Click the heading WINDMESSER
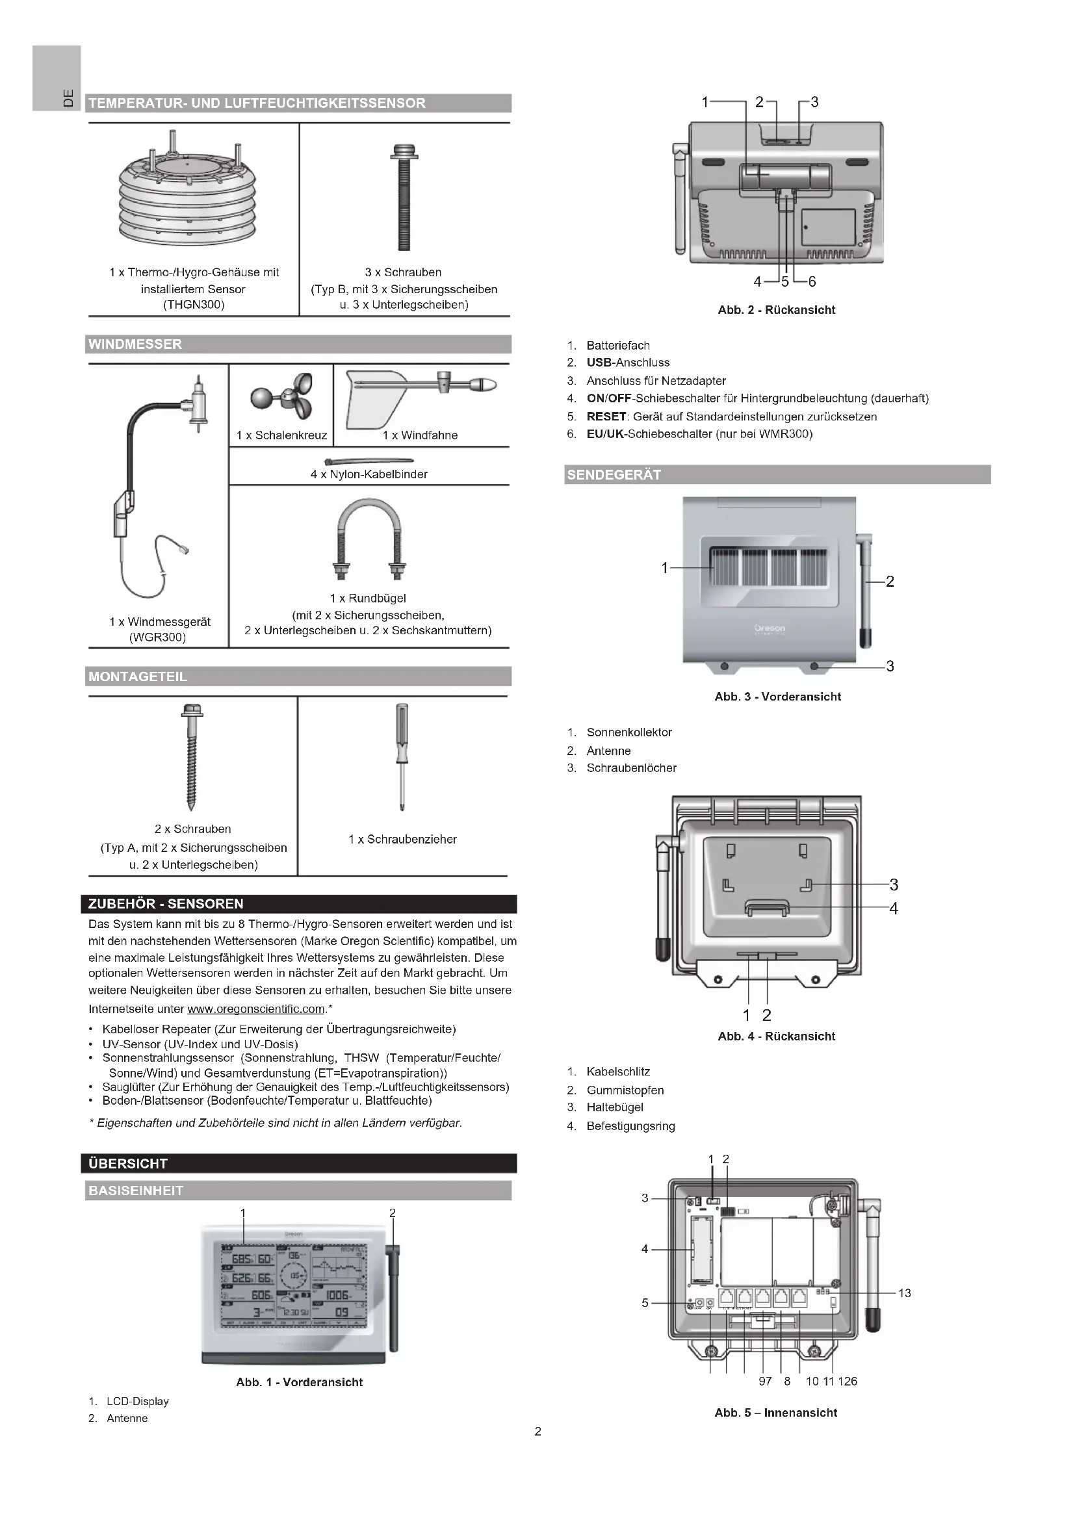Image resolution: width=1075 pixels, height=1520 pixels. coord(135,344)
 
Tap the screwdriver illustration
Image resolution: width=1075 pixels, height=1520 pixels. coord(402,757)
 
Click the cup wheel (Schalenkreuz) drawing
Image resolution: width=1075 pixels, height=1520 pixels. coord(283,396)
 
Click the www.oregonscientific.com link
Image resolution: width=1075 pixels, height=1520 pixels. coord(256,1009)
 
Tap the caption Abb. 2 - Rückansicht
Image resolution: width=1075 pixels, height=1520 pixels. coord(776,310)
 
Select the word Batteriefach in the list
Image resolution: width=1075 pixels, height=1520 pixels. coord(617,346)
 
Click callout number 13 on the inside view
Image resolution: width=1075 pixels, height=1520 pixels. coord(904,1293)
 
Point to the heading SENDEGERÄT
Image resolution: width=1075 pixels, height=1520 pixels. coord(614,474)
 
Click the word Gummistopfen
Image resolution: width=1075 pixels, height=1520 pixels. coord(625,1090)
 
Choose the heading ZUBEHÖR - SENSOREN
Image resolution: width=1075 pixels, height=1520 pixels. coord(166,904)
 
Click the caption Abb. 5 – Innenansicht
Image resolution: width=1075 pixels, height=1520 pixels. coord(776,1412)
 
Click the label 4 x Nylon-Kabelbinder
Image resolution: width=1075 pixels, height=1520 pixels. coord(369,474)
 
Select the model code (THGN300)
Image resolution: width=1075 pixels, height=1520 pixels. coord(193,305)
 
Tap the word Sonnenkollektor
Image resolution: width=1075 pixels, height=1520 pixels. coord(629,732)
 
